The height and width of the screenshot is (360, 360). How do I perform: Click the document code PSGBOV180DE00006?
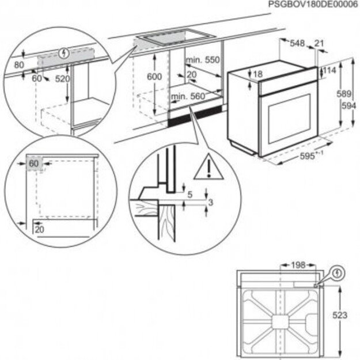pyautogui.click(x=313, y=5)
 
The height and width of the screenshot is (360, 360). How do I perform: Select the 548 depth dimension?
pyautogui.click(x=297, y=43)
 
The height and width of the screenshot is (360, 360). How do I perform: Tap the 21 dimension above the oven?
pyautogui.click(x=320, y=43)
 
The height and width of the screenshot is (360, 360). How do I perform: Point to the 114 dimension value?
pyautogui.click(x=329, y=70)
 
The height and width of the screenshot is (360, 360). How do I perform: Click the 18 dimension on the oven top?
pyautogui.click(x=257, y=74)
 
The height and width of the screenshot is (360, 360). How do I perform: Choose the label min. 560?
pyautogui.click(x=187, y=96)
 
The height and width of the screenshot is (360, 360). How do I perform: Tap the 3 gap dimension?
pyautogui.click(x=212, y=202)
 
